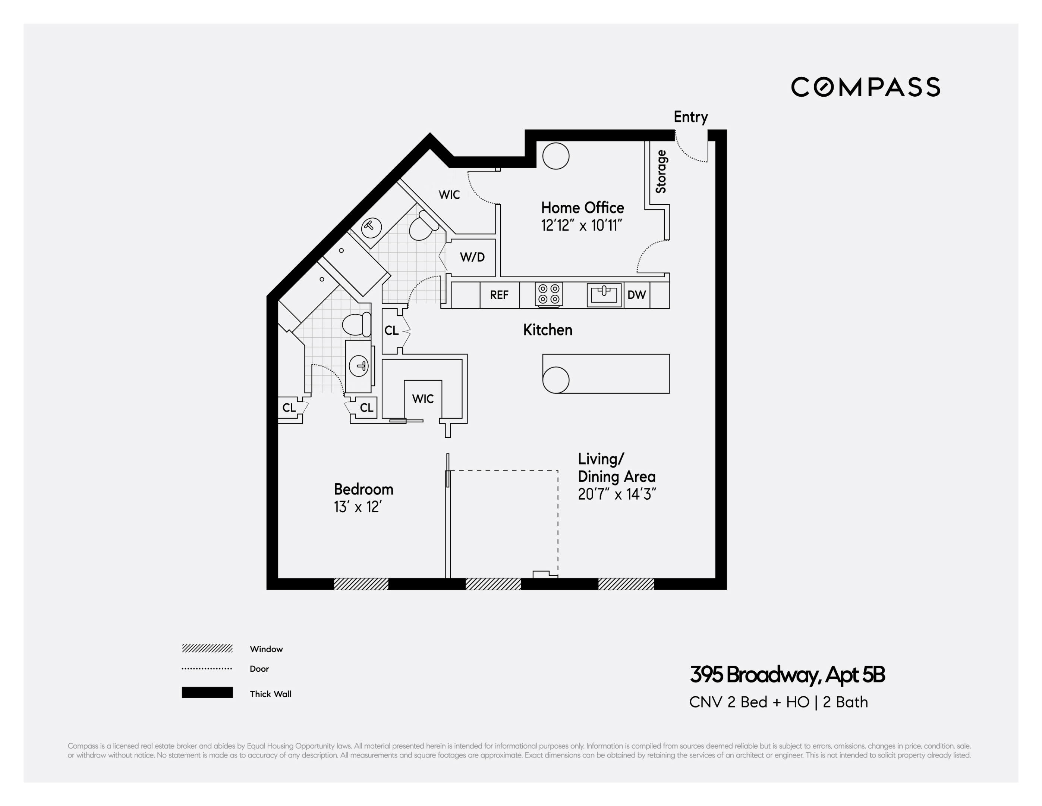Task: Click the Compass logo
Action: (865, 87)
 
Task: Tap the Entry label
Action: (690, 117)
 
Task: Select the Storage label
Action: (661, 171)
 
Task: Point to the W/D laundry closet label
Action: (472, 257)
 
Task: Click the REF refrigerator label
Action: (499, 295)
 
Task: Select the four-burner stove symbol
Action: (549, 294)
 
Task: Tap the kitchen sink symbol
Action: (604, 295)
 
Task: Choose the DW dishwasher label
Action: (636, 295)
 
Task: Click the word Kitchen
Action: (547, 330)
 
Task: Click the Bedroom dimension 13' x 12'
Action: (358, 507)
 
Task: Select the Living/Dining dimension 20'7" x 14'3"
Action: (617, 494)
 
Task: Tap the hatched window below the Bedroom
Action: (361, 584)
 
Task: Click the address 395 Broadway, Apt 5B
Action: (787, 675)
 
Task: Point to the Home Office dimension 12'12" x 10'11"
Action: (582, 225)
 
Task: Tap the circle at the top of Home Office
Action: (556, 156)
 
